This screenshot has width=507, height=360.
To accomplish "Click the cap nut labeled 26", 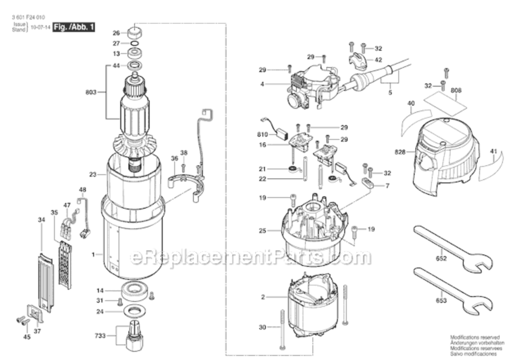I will [134, 34].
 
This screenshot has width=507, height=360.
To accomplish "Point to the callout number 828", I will [400, 152].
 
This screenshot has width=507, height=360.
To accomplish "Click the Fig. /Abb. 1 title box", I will [73, 27].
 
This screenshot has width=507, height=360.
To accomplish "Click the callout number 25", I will [262, 231].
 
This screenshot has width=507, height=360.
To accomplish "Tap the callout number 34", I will [41, 220].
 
